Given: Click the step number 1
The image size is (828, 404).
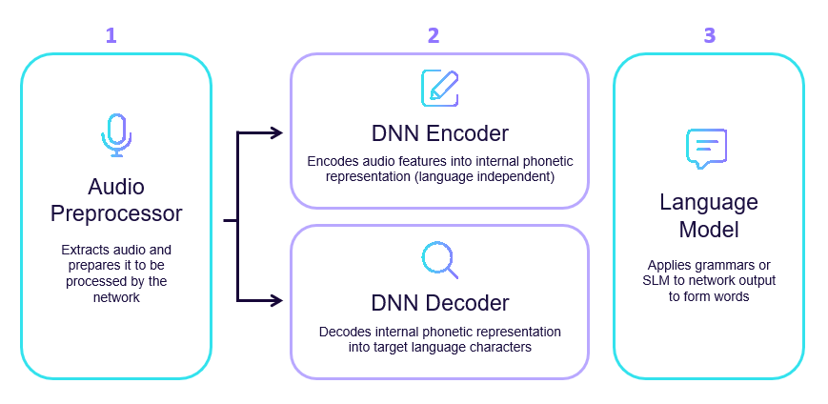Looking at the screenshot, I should [111, 36].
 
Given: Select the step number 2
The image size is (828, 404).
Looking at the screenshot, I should [434, 36].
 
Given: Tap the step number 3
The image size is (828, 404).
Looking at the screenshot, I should [709, 36].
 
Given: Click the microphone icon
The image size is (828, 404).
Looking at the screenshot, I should [116, 135].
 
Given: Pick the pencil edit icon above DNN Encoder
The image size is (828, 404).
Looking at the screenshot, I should [439, 87].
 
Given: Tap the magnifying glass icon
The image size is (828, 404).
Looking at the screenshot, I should [439, 259].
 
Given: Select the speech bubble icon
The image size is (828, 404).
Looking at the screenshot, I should [707, 149].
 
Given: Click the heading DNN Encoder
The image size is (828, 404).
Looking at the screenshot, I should [439, 132].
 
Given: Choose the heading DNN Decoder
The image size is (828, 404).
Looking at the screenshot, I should [439, 304].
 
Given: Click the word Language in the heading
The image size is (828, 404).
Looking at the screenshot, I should [709, 203].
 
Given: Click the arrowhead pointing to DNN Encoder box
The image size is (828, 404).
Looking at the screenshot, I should [277, 132].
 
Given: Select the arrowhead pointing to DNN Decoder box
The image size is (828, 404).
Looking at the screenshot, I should [277, 301].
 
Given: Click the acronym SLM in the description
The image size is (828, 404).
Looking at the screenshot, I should [656, 280].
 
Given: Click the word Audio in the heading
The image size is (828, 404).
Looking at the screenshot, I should [115, 186].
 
